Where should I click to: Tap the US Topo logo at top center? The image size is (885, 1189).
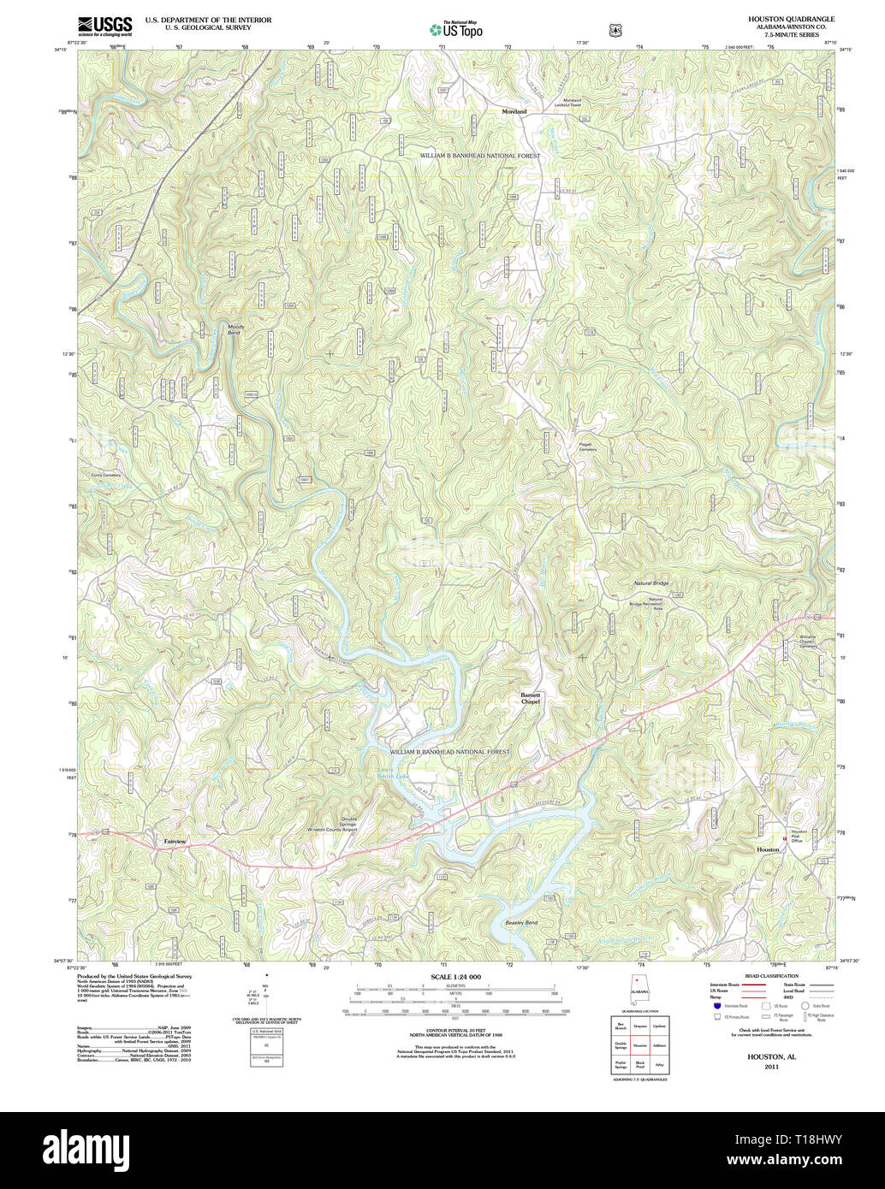[456, 29]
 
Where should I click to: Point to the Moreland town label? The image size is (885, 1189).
[514, 112]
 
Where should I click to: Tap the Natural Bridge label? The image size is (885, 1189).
[650, 583]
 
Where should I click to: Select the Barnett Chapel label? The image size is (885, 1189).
[531, 699]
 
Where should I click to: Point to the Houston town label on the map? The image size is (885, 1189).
[768, 849]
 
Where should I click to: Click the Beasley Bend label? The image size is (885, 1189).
[520, 923]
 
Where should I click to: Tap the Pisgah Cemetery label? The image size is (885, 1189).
[586, 447]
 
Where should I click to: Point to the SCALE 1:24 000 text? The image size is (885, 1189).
[455, 976]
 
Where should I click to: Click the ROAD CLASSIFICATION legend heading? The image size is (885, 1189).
[770, 976]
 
